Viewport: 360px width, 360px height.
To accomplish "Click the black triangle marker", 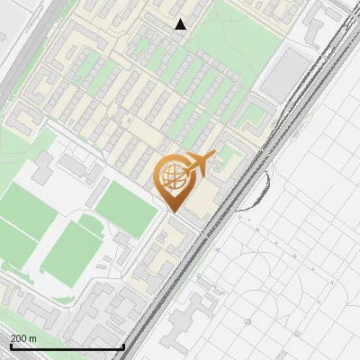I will click(x=181, y=24).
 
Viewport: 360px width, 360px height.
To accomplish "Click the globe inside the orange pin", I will click(x=174, y=177).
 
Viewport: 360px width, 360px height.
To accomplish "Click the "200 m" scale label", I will click(x=23, y=338).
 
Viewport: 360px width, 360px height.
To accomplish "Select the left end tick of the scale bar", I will click(x=10, y=346).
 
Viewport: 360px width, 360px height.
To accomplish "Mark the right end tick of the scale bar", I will click(x=123, y=346).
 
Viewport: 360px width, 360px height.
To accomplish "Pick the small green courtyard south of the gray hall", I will click(x=256, y=114).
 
